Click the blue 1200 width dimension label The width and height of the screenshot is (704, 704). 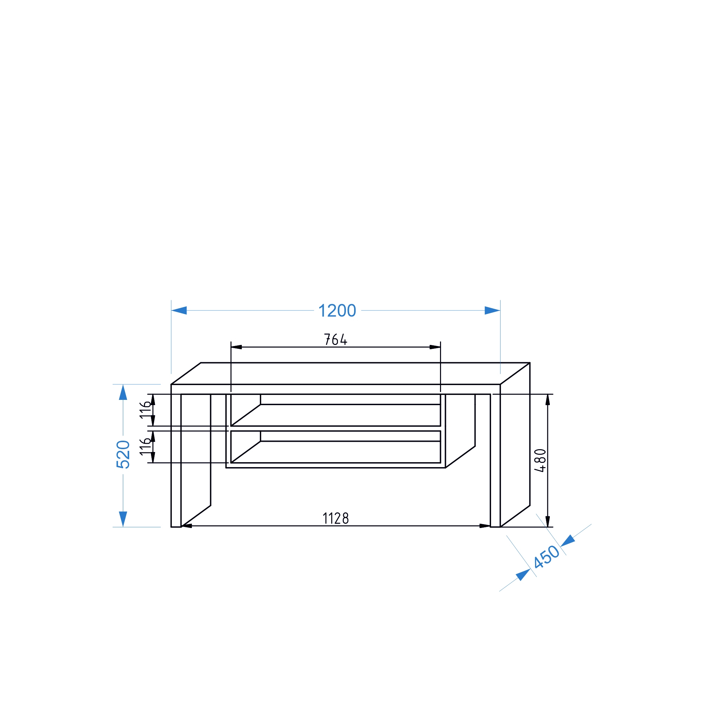click(337, 311)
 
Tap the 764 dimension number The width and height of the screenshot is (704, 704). click(335, 339)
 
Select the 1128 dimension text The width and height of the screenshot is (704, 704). click(335, 518)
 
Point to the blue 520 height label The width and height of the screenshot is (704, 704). click(123, 454)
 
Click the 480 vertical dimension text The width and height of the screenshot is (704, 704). click(540, 460)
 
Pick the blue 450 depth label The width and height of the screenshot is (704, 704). click(546, 557)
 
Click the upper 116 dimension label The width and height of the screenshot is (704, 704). click(145, 410)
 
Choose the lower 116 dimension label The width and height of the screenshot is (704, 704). click(145, 447)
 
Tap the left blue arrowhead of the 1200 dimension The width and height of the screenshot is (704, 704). click(179, 310)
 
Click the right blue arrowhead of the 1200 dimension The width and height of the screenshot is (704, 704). click(492, 310)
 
